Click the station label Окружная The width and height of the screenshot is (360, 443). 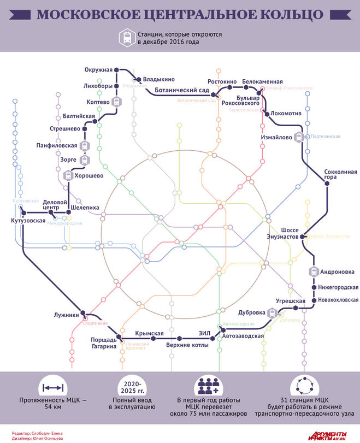pyautogui.click(x=98, y=69)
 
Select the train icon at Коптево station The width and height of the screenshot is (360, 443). pyautogui.click(x=116, y=102)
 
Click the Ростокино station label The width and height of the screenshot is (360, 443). pyautogui.click(x=222, y=82)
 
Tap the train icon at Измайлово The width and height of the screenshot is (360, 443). pyautogui.click(x=299, y=137)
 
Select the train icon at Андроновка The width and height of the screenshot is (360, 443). pyautogui.click(x=314, y=271)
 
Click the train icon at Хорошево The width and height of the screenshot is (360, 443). pyautogui.click(x=68, y=175)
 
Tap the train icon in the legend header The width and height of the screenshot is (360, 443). pyautogui.click(x=127, y=37)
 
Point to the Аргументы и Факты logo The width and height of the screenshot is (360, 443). pyautogui.click(x=330, y=436)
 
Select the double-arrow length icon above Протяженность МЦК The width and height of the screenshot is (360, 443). pyautogui.click(x=53, y=388)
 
